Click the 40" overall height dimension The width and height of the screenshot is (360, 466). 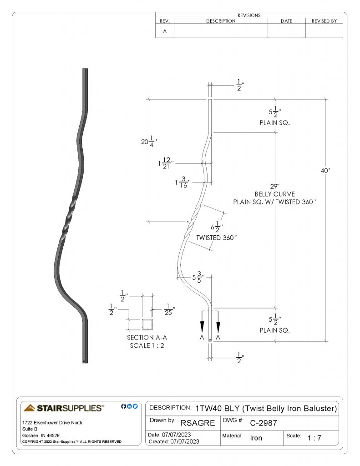(x=325, y=171)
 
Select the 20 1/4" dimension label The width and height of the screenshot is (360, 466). (x=149, y=142)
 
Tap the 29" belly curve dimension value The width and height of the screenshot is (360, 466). (x=275, y=186)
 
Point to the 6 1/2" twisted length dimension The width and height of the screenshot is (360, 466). (x=217, y=227)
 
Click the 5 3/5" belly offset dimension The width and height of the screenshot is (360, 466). (x=198, y=277)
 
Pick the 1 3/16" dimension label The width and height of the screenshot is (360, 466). (x=183, y=182)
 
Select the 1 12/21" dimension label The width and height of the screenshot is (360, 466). (x=166, y=163)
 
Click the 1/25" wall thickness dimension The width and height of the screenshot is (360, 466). (x=169, y=309)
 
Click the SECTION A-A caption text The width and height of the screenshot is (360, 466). (x=147, y=338)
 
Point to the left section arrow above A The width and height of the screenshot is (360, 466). (x=202, y=326)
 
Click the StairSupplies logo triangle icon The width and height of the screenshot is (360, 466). (x=29, y=408)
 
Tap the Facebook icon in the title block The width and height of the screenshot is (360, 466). (x=123, y=406)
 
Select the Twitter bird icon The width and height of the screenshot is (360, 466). (x=135, y=406)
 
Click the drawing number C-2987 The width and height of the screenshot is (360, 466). (x=264, y=423)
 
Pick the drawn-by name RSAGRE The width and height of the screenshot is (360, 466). (x=198, y=423)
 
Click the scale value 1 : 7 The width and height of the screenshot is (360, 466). (x=314, y=438)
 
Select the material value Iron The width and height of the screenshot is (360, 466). (x=256, y=438)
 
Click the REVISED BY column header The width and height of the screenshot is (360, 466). (x=324, y=21)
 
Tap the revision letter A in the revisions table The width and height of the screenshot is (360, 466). (x=165, y=31)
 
